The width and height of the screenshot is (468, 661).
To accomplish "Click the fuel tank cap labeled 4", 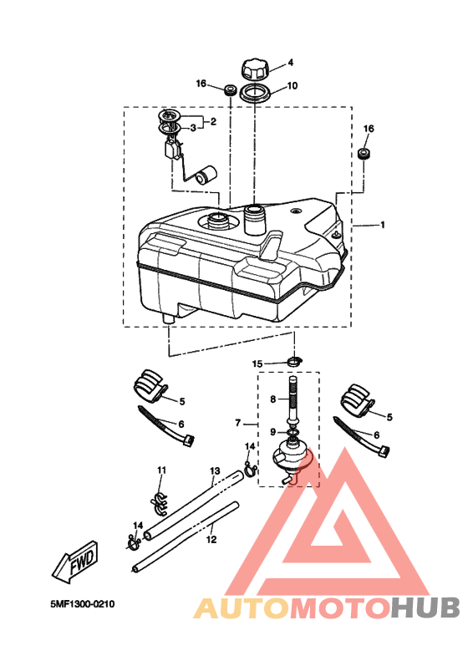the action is [x=255, y=69].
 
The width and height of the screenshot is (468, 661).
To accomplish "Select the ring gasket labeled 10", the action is [x=255, y=93].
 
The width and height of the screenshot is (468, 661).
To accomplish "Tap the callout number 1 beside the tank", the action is [x=383, y=225].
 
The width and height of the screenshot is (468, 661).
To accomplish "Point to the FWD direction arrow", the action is [x=76, y=562].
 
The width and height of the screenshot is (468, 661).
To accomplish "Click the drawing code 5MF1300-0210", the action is [x=82, y=604].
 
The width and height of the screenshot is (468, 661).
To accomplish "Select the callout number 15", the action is [x=257, y=364].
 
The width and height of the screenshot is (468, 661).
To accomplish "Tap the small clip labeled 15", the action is [x=295, y=362].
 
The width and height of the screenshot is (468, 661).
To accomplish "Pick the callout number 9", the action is [x=273, y=432].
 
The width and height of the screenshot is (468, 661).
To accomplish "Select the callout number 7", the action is [x=238, y=422].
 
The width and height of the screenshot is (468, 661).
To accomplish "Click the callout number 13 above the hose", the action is [x=215, y=470].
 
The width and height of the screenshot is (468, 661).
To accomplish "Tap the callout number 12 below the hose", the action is [x=211, y=539].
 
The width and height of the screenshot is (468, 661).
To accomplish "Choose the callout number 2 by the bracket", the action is [x=213, y=121].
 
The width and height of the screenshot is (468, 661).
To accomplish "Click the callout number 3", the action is [x=193, y=128].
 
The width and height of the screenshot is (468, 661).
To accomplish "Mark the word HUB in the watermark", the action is [x=425, y=608].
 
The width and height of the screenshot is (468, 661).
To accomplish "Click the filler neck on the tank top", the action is [x=254, y=218].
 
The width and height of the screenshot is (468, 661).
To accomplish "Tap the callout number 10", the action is [x=292, y=85].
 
